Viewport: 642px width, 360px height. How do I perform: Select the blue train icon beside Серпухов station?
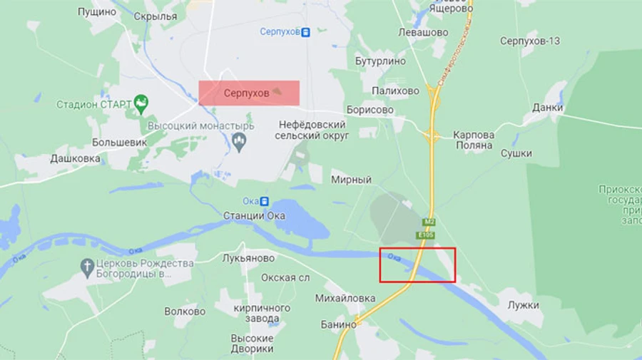click(306, 32)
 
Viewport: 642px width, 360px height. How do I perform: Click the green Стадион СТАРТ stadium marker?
click(141, 105)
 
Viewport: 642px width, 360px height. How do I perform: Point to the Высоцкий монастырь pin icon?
click(240, 143)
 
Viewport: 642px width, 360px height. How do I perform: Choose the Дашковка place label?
click(75, 158)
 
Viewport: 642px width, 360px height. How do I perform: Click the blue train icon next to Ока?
click(265, 201)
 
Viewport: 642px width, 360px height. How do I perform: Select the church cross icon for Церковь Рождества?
click(87, 268)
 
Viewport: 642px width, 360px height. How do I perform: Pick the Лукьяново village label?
click(248, 258)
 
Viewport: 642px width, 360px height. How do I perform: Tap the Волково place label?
click(185, 311)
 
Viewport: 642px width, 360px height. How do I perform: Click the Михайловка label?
click(345, 297)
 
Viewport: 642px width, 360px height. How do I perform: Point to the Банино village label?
click(339, 324)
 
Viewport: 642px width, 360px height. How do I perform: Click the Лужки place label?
click(524, 305)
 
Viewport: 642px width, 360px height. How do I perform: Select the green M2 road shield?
click(428, 222)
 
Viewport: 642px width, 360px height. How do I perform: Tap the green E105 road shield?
click(426, 235)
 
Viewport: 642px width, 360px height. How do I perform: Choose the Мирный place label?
click(351, 180)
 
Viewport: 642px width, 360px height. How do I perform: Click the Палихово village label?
click(395, 91)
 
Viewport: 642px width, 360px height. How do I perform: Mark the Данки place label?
click(547, 108)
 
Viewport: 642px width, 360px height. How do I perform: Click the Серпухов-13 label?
click(529, 41)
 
